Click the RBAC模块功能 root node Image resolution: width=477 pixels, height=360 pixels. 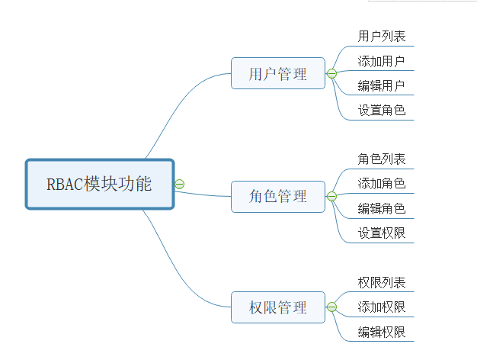click(100, 184)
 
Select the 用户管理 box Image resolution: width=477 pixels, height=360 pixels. click(278, 74)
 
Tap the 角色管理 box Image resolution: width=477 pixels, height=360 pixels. click(278, 197)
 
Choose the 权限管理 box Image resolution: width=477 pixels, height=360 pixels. click(278, 308)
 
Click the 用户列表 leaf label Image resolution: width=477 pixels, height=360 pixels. click(382, 36)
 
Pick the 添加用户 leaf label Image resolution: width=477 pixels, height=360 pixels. click(382, 61)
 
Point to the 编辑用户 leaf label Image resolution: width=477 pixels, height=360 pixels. click(382, 85)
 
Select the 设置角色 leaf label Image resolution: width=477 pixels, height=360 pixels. click(382, 110)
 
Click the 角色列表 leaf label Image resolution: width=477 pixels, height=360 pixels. click(382, 159)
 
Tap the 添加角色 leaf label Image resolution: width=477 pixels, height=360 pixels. click(382, 184)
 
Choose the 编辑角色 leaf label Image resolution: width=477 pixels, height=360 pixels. click(382, 208)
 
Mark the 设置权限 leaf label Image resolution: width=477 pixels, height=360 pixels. click(382, 233)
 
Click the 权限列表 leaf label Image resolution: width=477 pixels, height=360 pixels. click(382, 282)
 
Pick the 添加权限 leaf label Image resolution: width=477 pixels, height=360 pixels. click(382, 307)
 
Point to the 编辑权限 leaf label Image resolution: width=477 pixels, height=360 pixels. click(382, 332)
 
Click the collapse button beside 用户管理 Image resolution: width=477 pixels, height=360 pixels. click(331, 74)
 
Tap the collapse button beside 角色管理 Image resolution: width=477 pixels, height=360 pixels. click(331, 197)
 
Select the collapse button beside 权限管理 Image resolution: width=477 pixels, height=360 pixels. click(331, 308)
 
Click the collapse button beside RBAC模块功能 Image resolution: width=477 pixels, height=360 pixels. click(180, 184)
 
